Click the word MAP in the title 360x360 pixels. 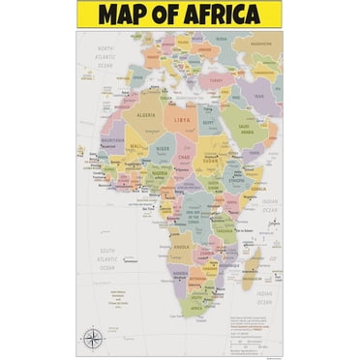pos(122,15)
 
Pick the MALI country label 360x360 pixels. pos(135,147)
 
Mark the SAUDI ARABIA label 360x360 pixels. pos(247,127)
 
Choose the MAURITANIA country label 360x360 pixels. pos(109,141)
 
